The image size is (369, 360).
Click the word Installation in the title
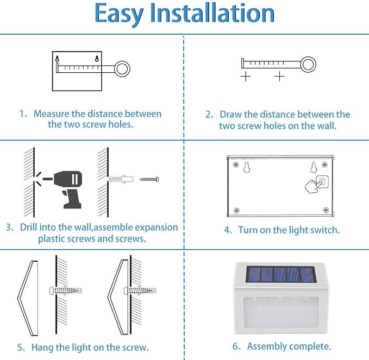212,12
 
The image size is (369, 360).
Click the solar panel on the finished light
280,275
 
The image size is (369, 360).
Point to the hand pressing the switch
314,186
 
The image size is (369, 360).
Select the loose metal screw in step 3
149,179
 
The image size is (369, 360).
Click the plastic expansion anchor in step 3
121,179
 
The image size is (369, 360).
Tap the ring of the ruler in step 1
122,68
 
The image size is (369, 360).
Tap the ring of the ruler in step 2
308,65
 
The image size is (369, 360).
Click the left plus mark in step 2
246,77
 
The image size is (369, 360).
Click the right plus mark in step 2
279,77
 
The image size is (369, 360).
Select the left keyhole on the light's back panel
246,167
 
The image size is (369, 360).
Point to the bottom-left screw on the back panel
237,210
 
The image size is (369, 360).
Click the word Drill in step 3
28,227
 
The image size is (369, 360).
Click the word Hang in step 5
42,348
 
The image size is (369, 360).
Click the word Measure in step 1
52,114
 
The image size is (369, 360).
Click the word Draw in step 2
230,115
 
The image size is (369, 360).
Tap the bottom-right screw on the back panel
326,210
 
